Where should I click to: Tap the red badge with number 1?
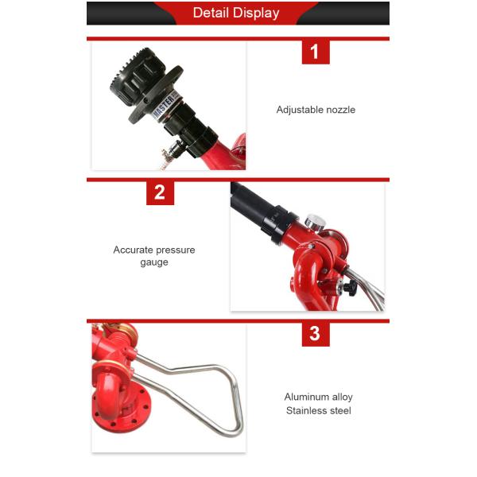tap(315, 52)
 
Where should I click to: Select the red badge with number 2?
tap(160, 192)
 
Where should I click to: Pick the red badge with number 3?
tap(315, 333)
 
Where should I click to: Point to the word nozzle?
tap(341, 110)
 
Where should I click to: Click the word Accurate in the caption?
tap(133, 250)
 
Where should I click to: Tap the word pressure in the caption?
tap(176, 250)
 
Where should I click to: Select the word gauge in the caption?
tap(154, 262)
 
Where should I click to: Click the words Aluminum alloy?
tap(318, 397)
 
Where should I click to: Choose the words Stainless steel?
tap(318, 410)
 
